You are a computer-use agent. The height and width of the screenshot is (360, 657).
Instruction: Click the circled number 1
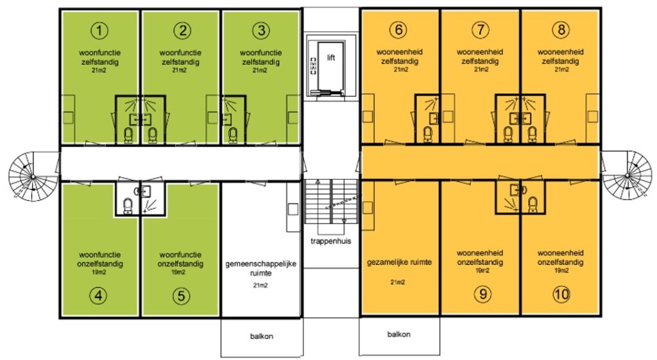click(x=99, y=31)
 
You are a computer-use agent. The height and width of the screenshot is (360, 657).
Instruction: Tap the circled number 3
click(x=261, y=31)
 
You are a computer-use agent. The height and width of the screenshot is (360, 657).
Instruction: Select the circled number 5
click(x=181, y=296)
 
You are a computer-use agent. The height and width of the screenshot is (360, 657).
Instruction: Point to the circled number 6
click(x=398, y=30)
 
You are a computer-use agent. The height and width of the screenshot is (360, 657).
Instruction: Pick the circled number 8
click(x=561, y=30)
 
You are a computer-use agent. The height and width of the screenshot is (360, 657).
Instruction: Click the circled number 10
click(x=561, y=294)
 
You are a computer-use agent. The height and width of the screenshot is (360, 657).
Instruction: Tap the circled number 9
click(x=482, y=294)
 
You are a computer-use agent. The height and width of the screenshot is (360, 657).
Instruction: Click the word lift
click(x=331, y=58)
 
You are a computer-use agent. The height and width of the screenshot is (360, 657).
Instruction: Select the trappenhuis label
click(x=331, y=241)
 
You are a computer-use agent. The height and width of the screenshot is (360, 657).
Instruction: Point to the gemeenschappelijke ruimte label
click(x=260, y=268)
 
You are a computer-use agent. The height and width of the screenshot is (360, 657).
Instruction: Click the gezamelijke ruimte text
click(x=399, y=262)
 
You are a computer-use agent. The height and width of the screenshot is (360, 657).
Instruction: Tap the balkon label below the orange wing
click(x=399, y=334)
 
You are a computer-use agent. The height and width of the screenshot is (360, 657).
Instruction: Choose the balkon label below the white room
click(x=262, y=336)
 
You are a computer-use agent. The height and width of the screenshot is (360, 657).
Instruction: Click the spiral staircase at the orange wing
click(x=627, y=175)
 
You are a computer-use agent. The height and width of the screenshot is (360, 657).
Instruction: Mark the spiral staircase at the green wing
click(x=33, y=176)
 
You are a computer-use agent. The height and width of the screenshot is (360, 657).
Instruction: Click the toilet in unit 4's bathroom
click(x=128, y=206)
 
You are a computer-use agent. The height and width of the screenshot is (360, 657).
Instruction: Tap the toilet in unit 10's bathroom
click(x=533, y=205)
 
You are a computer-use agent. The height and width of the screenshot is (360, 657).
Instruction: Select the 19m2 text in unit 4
click(x=99, y=273)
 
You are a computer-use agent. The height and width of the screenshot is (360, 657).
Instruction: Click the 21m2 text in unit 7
click(x=481, y=69)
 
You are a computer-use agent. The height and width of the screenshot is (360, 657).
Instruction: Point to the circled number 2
click(x=182, y=31)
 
